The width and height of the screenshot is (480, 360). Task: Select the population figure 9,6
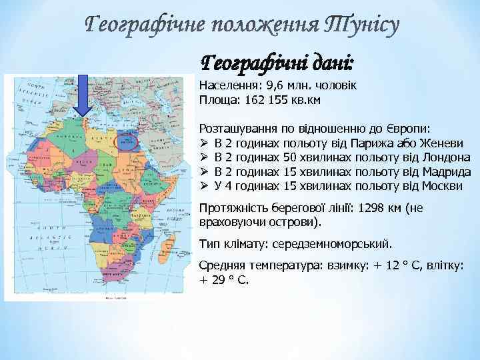[x=274, y=87]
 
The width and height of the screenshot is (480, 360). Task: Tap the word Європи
[x=408, y=128]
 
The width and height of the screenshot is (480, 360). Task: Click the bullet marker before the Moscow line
[x=204, y=185]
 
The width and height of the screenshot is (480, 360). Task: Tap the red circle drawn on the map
[x=126, y=141]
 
